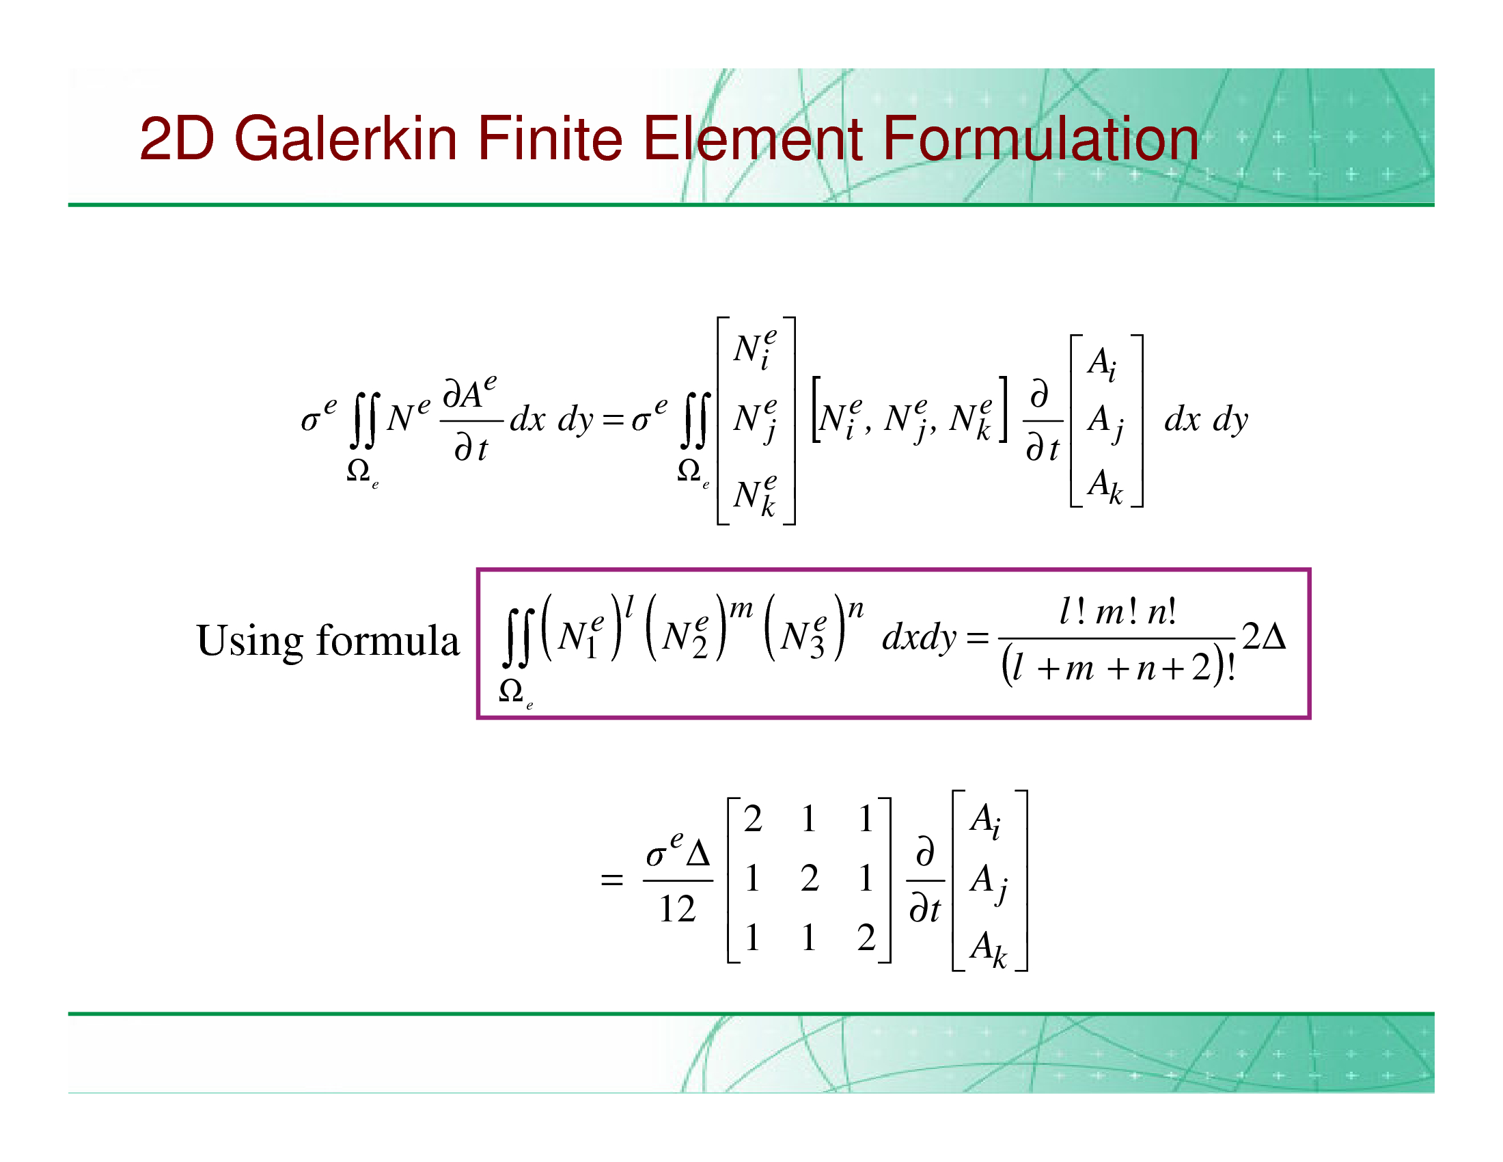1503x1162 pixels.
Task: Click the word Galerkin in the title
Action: pos(346,138)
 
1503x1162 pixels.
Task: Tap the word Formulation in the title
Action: pos(1040,138)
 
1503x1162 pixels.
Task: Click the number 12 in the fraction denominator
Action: pos(677,908)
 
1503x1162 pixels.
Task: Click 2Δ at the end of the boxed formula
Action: pos(1264,637)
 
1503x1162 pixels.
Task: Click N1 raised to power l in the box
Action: pos(588,627)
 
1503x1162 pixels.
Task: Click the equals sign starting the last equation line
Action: pos(612,880)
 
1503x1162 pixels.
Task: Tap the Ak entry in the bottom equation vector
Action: pos(989,949)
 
